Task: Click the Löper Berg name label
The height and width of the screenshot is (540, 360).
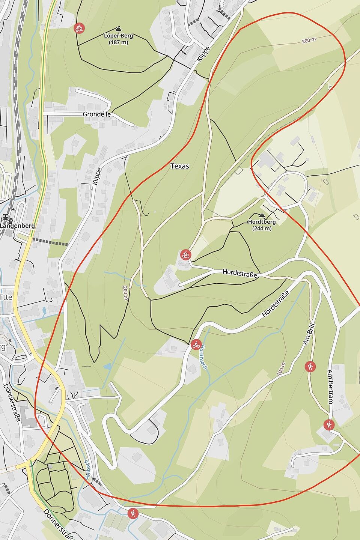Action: (118, 36)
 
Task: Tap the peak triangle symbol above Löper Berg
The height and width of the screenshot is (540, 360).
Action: (118, 29)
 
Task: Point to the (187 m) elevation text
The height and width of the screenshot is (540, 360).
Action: (118, 42)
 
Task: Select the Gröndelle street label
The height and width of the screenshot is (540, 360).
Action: (97, 114)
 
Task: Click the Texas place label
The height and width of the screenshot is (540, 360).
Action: (179, 166)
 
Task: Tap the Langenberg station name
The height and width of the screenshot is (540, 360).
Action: (17, 226)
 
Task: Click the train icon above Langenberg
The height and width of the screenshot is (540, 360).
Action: (6, 217)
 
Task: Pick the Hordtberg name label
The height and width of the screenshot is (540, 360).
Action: (262, 222)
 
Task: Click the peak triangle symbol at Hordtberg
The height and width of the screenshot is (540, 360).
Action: (262, 215)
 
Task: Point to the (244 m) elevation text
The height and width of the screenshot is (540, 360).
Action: (262, 228)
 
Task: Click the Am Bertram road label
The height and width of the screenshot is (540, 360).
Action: (330, 387)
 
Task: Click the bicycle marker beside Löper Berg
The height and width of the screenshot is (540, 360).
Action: (79, 28)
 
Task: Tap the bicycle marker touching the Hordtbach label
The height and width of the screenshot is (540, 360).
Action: (196, 344)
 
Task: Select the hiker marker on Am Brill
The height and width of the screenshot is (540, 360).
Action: (310, 366)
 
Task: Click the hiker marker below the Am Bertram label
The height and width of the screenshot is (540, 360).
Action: (329, 425)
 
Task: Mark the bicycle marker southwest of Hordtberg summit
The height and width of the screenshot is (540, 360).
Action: (185, 255)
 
